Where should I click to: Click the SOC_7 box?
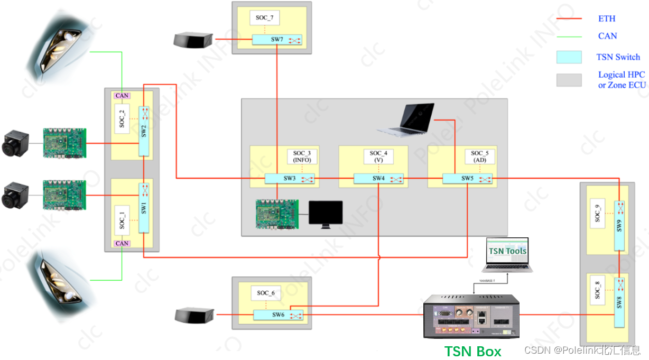[264, 18]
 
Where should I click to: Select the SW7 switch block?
[277, 40]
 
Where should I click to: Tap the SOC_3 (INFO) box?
[302, 156]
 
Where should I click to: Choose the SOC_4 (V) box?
[378, 156]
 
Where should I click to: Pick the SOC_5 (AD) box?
[480, 156]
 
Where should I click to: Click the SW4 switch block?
[378, 179]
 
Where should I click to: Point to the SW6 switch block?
[279, 315]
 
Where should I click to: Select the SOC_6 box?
[266, 293]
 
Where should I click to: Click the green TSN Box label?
[472, 351]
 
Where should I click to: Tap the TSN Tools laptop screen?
[507, 251]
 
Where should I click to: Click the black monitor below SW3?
[326, 213]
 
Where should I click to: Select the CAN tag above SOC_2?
[122, 96]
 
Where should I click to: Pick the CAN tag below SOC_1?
[122, 244]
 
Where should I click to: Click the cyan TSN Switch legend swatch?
[569, 57]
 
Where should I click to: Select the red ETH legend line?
[569, 19]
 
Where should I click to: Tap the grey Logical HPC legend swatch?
[569, 80]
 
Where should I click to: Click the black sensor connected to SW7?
[193, 39]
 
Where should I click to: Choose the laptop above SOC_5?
[406, 118]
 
